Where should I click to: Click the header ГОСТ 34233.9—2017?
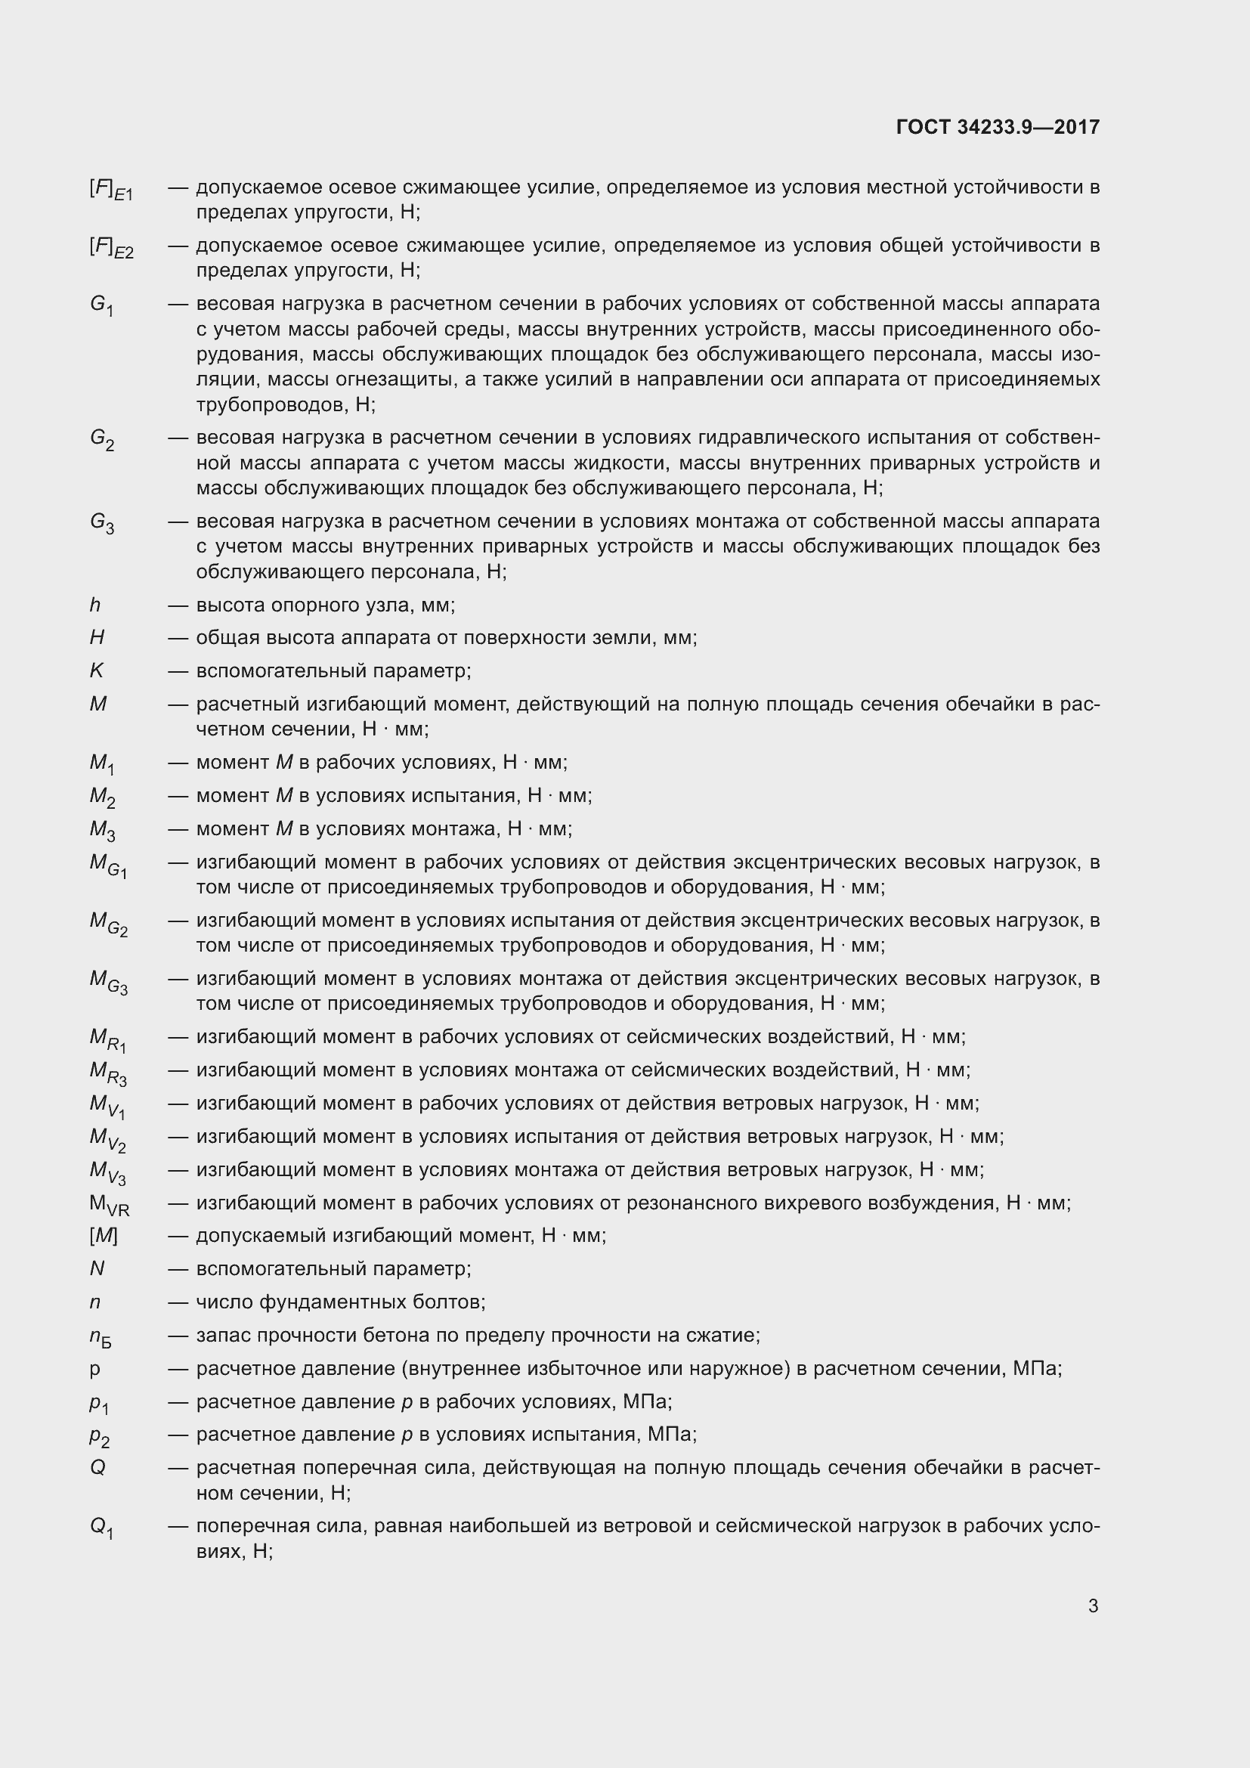[998, 127]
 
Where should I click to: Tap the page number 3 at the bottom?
[1093, 1605]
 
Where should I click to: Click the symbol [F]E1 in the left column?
[111, 190]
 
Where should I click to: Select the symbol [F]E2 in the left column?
[111, 248]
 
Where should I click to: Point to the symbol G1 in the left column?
[101, 305]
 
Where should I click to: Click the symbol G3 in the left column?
[101, 524]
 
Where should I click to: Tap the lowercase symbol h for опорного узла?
[95, 605]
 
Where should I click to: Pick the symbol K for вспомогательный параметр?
[96, 670]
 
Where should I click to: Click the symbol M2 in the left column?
[102, 797]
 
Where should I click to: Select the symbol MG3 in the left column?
[109, 982]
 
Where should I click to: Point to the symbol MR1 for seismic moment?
[108, 1039]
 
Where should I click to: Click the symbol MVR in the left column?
[110, 1205]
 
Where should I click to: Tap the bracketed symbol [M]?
[103, 1236]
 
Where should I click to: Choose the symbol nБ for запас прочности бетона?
[100, 1338]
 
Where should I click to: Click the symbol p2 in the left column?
[99, 1436]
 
